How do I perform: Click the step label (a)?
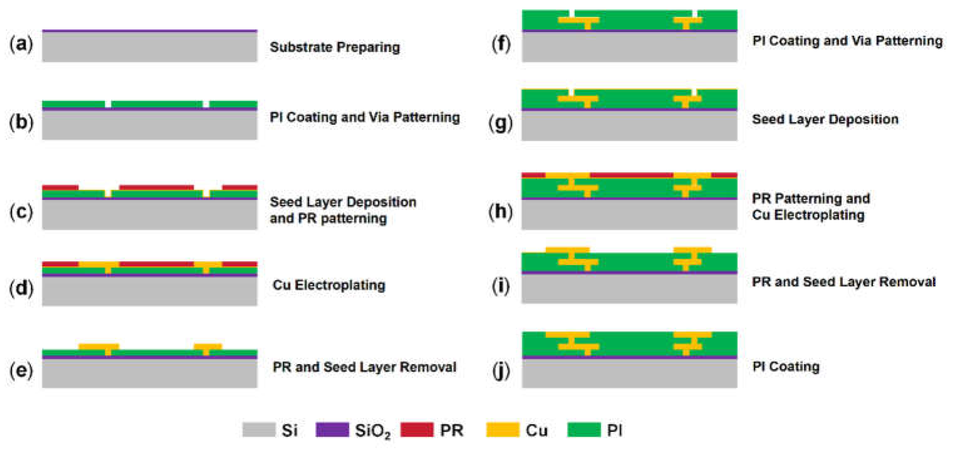pos(21,44)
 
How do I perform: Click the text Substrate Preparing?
pos(335,47)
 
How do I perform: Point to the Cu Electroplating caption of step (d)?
pos(329,285)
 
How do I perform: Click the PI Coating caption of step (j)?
pos(786,367)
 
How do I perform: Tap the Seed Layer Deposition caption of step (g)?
pos(825,120)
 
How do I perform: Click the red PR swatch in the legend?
pos(417,430)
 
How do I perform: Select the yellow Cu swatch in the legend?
pos(502,430)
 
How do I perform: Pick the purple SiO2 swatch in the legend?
pos(332,430)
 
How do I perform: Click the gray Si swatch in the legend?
pos(259,430)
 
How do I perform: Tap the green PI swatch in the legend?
pos(584,430)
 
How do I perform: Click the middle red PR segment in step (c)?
pos(156,187)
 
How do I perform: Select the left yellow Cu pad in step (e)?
pos(99,347)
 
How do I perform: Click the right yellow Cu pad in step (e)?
pos(208,347)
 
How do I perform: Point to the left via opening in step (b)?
pos(108,104)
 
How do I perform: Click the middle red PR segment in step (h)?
pos(631,175)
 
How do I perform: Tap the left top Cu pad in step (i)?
pos(567,250)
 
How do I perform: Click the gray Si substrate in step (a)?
pos(150,47)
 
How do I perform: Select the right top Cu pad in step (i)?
pos(692,250)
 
